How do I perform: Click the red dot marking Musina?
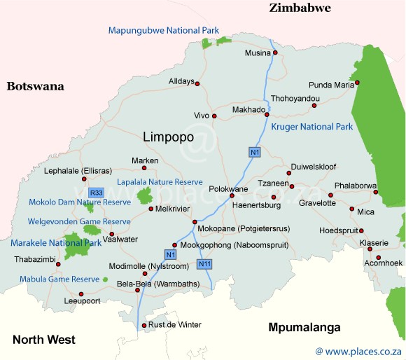pyautogui.click(x=275, y=53)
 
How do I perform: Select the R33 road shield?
pyautogui.click(x=96, y=192)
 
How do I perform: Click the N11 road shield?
pyautogui.click(x=204, y=264)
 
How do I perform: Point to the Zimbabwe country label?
pyautogui.click(x=300, y=8)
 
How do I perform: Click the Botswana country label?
pyautogui.click(x=35, y=86)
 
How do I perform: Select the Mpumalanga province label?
pyautogui.click(x=304, y=327)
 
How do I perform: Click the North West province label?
pyautogui.click(x=43, y=340)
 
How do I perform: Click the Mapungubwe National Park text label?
pyautogui.click(x=164, y=30)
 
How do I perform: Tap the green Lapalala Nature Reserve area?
pyautogui.click(x=145, y=196)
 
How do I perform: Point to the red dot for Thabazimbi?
pyautogui.click(x=58, y=265)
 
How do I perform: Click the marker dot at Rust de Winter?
pyautogui.click(x=144, y=325)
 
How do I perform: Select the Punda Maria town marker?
pyautogui.click(x=357, y=83)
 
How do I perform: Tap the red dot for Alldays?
pyautogui.click(x=197, y=84)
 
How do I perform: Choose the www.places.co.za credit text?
pyautogui.click(x=357, y=351)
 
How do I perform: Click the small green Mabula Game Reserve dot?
pyautogui.click(x=105, y=279)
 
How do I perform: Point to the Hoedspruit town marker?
pyautogui.click(x=361, y=230)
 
